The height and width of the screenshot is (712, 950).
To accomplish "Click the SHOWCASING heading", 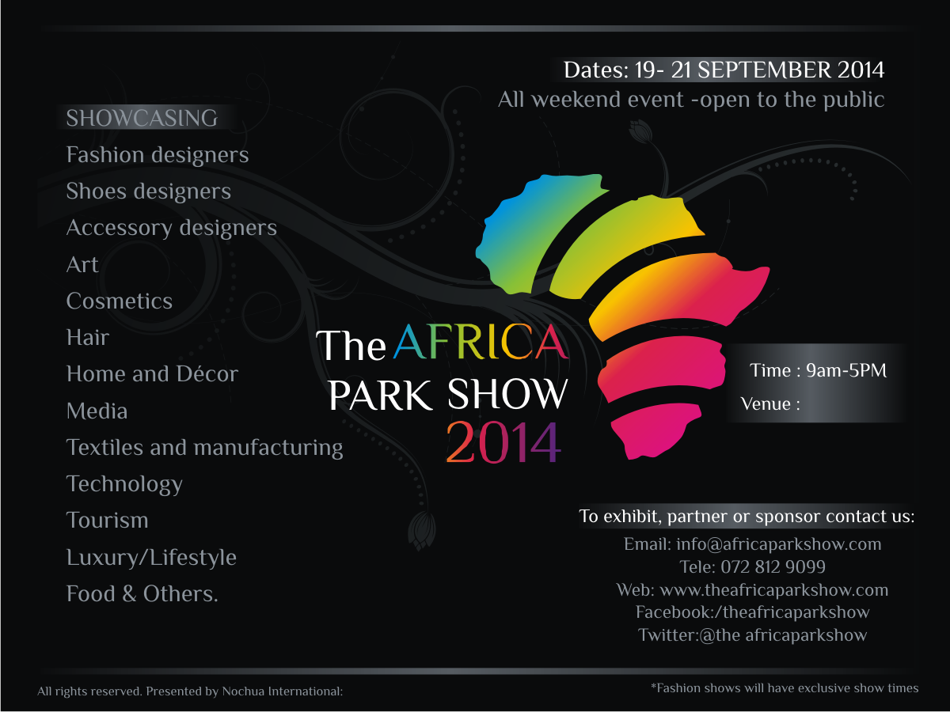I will (142, 118).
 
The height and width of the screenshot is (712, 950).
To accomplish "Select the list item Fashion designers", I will (158, 155).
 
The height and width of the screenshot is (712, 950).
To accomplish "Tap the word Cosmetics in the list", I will (120, 301).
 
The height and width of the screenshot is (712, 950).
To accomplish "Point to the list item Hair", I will (88, 338).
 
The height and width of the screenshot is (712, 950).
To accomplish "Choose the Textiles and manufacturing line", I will (204, 448).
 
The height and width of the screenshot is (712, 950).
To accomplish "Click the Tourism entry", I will (108, 521).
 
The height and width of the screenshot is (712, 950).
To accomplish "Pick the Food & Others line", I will (142, 594).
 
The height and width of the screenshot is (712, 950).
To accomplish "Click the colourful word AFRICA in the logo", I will (481, 342).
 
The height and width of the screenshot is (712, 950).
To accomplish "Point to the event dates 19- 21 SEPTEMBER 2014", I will (759, 70).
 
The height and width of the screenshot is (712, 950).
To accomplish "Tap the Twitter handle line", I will (752, 635).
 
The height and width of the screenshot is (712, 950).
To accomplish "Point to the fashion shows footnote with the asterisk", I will (785, 688).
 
